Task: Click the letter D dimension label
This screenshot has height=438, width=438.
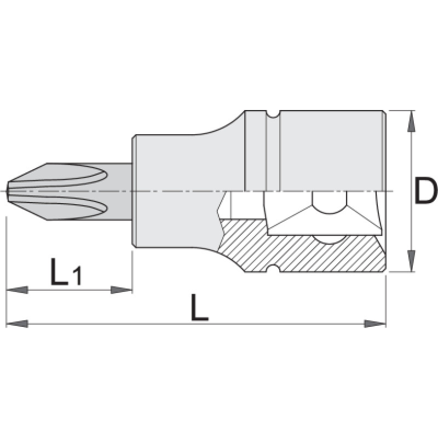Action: pyautogui.click(x=426, y=191)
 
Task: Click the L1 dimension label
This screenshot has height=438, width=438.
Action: pyautogui.click(x=66, y=272)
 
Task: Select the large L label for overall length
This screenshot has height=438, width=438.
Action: pyautogui.click(x=200, y=307)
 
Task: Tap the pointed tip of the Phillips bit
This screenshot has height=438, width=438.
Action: pyautogui.click(x=7, y=191)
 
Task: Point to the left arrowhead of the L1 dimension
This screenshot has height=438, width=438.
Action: pyautogui.click(x=17, y=290)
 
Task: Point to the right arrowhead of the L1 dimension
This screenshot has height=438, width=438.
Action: pyautogui.click(x=122, y=290)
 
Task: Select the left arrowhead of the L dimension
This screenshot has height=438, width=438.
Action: pyautogui.click(x=17, y=324)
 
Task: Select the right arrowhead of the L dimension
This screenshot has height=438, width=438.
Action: pyautogui.click(x=375, y=324)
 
